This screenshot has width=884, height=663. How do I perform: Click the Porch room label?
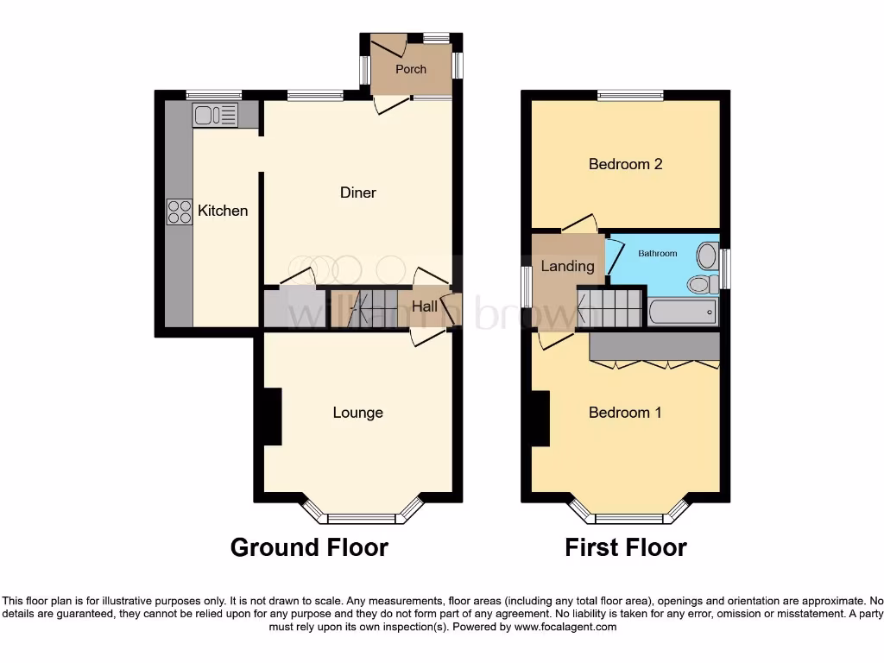pyautogui.click(x=411, y=69)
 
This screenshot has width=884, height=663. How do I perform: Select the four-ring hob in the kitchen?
pyautogui.click(x=180, y=212)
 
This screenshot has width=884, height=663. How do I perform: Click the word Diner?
pyautogui.click(x=357, y=193)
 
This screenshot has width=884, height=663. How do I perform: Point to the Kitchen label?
pyautogui.click(x=223, y=211)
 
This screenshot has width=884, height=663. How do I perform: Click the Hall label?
pyautogui.click(x=423, y=306)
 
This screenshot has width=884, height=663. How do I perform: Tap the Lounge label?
pyautogui.click(x=357, y=413)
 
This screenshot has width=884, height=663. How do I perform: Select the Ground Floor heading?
pyautogui.click(x=309, y=547)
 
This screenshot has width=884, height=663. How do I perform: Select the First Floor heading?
pyautogui.click(x=626, y=547)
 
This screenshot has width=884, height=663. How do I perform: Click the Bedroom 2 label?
pyautogui.click(x=625, y=164)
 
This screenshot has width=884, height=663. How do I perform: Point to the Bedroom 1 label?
pyautogui.click(x=625, y=413)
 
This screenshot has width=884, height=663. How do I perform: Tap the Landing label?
pyautogui.click(x=567, y=266)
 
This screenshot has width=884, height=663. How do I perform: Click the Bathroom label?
pyautogui.click(x=658, y=254)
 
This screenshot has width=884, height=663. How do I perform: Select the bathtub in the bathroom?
pyautogui.click(x=683, y=312)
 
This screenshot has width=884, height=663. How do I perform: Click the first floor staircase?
pyautogui.click(x=610, y=307)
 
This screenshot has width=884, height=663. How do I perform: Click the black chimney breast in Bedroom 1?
pyautogui.click(x=540, y=419)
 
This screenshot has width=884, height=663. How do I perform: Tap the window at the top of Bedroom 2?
pyautogui.click(x=631, y=95)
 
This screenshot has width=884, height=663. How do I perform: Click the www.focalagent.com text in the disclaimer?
pyautogui.click(x=565, y=628)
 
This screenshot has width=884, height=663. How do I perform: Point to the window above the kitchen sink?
pyautogui.click(x=214, y=95)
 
